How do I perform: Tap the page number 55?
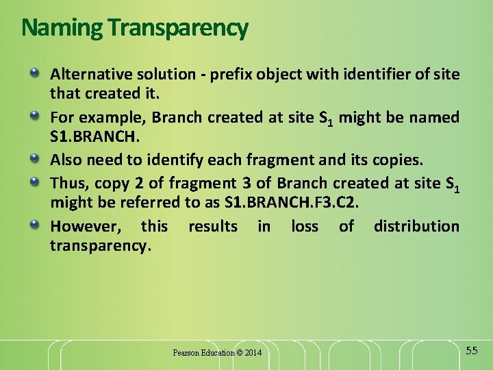pyautogui.click(x=472, y=350)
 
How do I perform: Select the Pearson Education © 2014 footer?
pyautogui.click(x=217, y=353)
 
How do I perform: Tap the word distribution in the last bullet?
pyautogui.click(x=417, y=226)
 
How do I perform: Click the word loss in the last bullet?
pyautogui.click(x=305, y=226)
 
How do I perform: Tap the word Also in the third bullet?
pyautogui.click(x=66, y=160)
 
